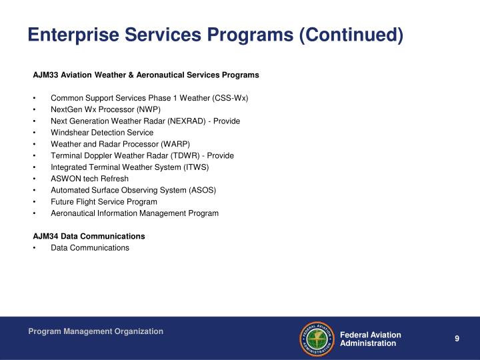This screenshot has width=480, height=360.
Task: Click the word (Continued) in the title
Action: click(351, 35)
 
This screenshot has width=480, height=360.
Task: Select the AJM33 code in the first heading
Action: click(45, 75)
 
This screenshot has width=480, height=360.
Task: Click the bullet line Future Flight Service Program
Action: click(104, 201)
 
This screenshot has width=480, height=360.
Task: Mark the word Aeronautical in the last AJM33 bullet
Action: click(73, 213)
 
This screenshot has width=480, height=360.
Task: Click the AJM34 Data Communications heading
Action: click(89, 236)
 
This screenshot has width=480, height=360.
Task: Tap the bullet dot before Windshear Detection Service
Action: click(34, 133)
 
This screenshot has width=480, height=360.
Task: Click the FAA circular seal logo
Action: click(317, 339)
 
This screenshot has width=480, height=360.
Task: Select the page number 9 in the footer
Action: click(457, 339)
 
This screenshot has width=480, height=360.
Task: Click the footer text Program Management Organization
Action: click(95, 331)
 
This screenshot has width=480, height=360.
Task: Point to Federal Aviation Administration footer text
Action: click(371, 339)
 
